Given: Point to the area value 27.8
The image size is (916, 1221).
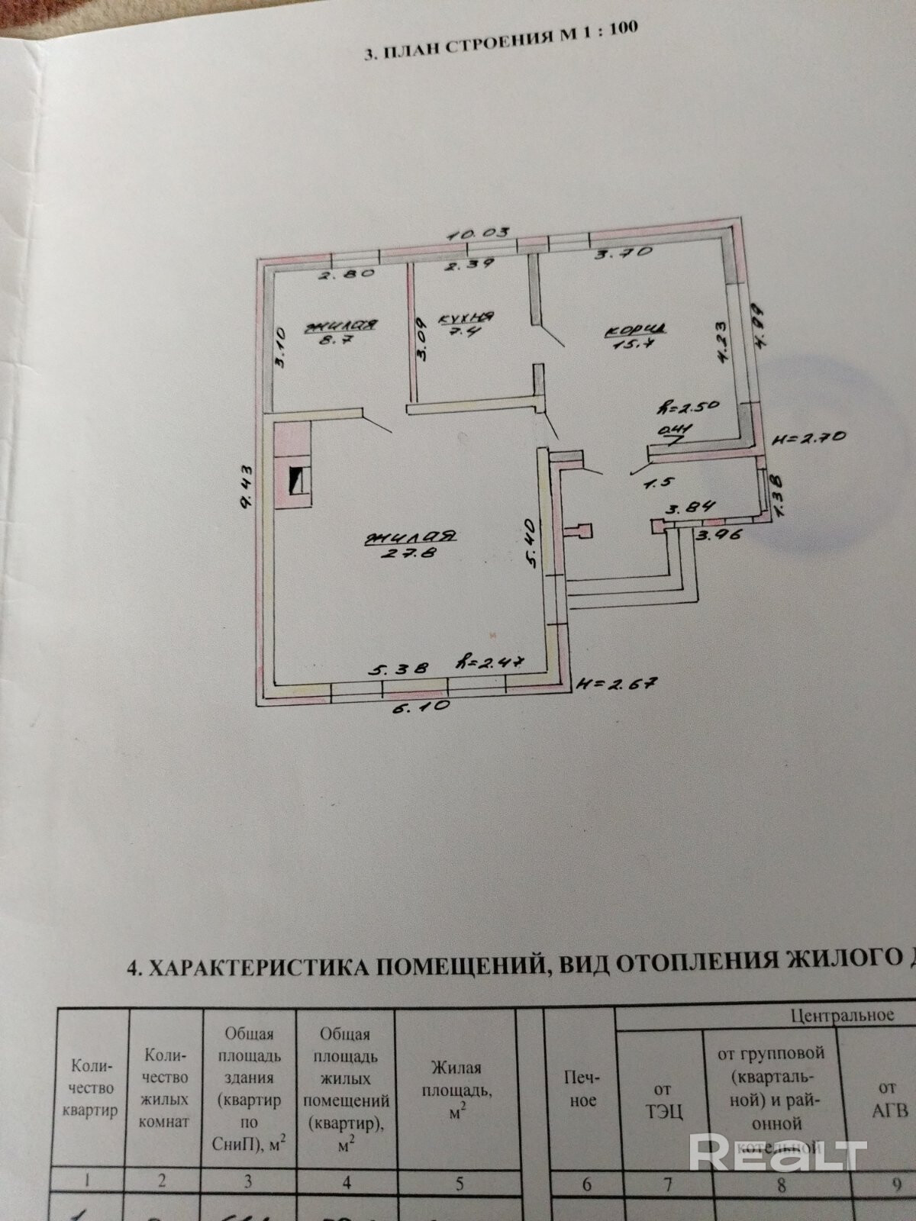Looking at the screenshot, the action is tap(410, 555).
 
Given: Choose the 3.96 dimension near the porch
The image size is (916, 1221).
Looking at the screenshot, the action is tap(714, 535).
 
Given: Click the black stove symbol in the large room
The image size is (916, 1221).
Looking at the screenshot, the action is tap(297, 482).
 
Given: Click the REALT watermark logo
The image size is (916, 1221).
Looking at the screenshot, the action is tap(779, 1152).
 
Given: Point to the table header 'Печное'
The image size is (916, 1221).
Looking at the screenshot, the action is tap(582, 1088).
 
